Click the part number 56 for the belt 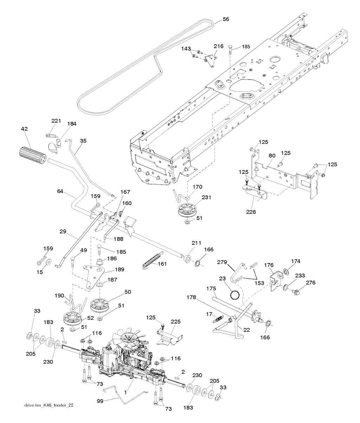click(226, 20)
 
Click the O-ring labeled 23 click(235, 293)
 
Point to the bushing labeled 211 click(187, 259)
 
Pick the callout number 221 click(56, 121)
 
